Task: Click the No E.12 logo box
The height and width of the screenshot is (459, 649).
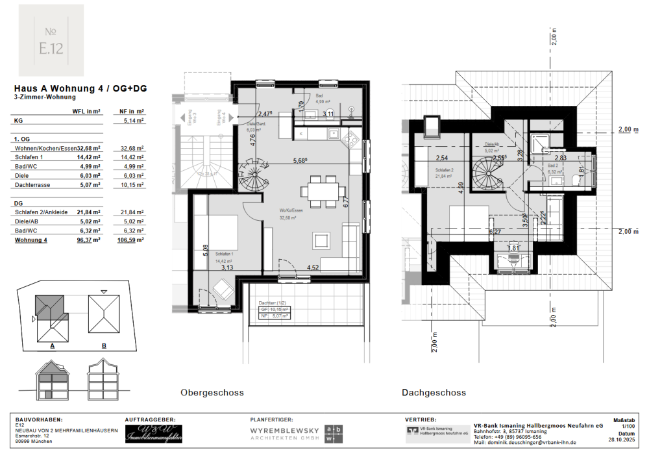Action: point(51,40)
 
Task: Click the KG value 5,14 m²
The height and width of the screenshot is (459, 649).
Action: point(134,120)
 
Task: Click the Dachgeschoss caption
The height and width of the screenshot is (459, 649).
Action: point(434,392)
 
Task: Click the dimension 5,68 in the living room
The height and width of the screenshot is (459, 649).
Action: point(300,161)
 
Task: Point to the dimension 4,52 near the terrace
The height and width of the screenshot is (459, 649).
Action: point(312,267)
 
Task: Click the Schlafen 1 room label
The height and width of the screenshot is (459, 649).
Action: point(225,253)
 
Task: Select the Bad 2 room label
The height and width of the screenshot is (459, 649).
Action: point(553,166)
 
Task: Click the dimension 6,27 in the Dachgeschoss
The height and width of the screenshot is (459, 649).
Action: point(495,231)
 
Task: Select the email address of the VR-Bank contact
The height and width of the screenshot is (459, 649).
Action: point(525,442)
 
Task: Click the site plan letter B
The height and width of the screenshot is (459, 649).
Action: point(104,345)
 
